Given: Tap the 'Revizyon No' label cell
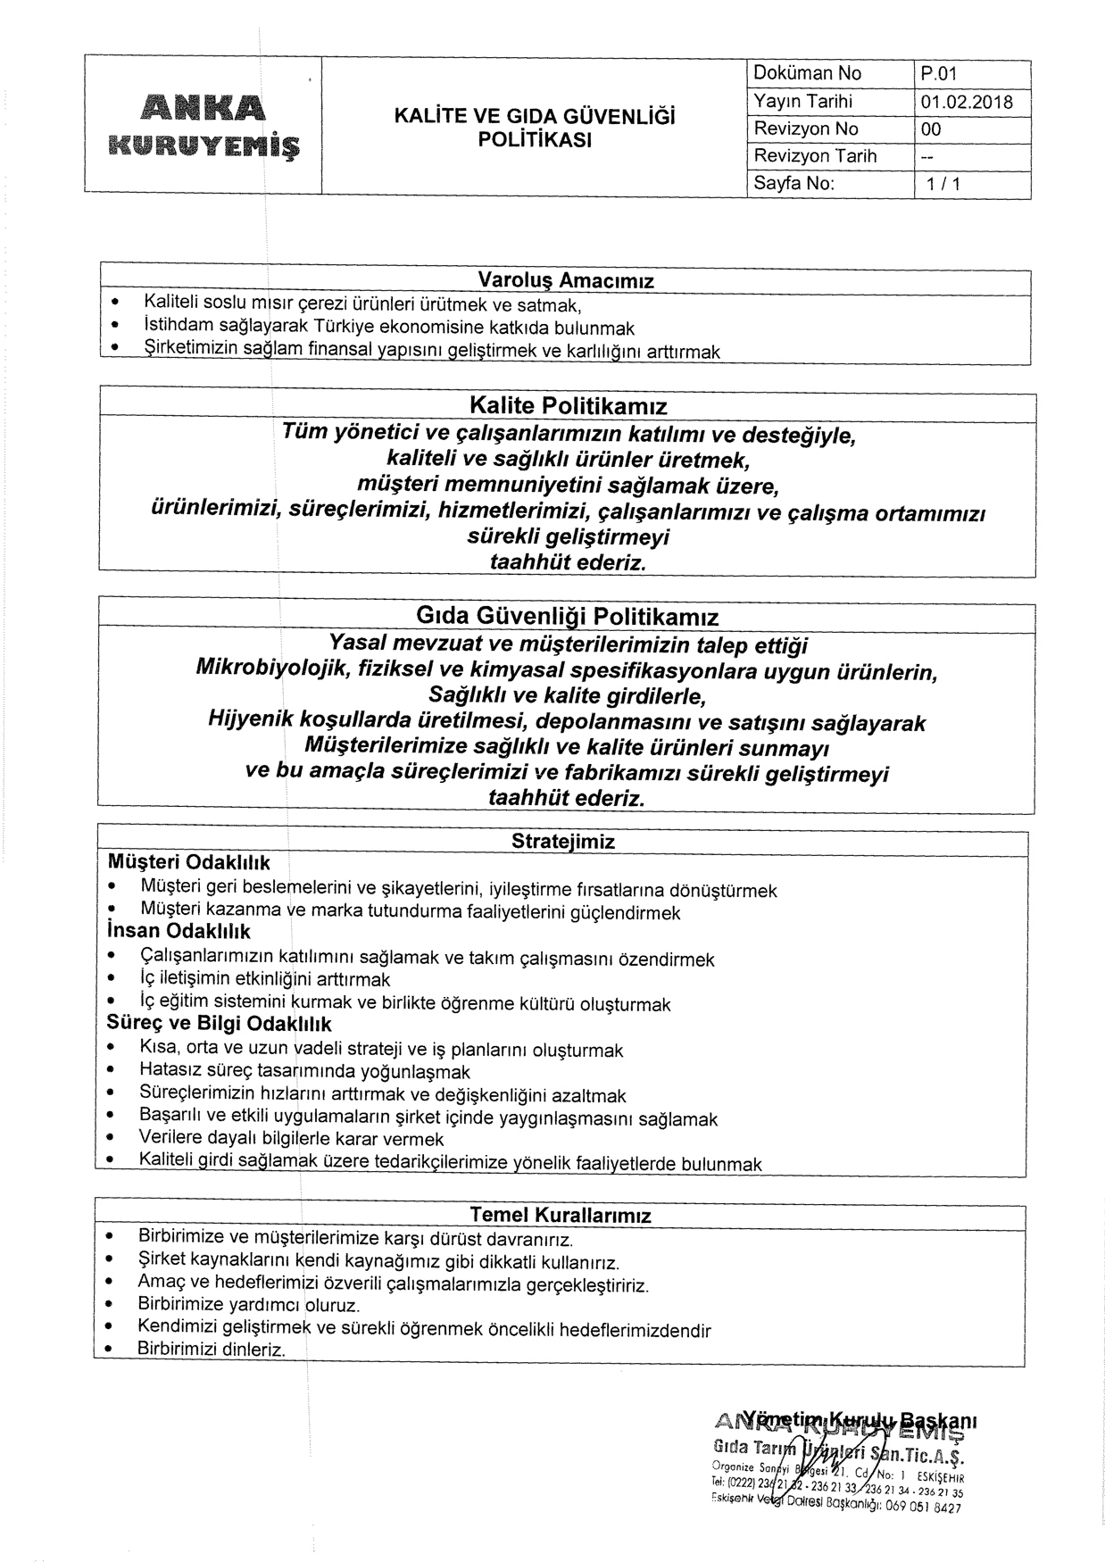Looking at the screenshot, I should click(805, 129).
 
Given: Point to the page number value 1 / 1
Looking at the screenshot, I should click(943, 185).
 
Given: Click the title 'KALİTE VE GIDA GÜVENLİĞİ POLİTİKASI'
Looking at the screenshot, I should click(535, 129).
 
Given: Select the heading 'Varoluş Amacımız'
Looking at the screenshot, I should click(566, 281).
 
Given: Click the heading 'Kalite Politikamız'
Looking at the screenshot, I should click(568, 407).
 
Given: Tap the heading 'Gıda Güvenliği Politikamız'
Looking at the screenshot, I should click(568, 617).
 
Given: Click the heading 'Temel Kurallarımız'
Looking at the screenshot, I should click(561, 1215).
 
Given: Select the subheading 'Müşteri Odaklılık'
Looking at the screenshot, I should click(188, 863).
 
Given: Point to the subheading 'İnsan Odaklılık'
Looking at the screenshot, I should click(179, 932).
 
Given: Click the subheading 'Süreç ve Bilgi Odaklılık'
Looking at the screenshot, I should click(220, 1024).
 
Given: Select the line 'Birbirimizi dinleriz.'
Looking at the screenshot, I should click(212, 1350).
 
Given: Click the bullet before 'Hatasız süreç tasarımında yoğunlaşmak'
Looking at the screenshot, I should click(111, 1071).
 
